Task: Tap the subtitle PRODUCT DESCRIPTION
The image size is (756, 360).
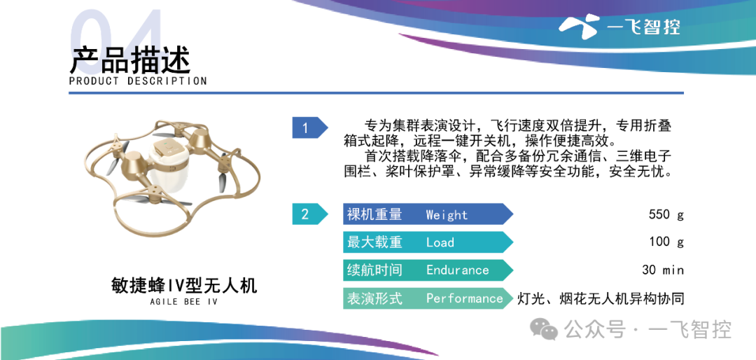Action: (138, 81)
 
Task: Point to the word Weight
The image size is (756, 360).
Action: (447, 215)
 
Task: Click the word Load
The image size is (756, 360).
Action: (440, 242)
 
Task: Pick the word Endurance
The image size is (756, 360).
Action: (457, 270)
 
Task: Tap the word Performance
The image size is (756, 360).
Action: (464, 298)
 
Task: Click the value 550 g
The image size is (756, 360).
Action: (666, 215)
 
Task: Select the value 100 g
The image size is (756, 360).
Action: (666, 242)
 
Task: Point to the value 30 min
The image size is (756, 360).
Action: (663, 270)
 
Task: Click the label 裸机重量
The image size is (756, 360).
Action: (374, 214)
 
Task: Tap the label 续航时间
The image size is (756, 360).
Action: (374, 270)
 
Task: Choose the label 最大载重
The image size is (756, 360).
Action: (374, 242)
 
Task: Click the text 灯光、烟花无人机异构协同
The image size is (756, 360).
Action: (601, 298)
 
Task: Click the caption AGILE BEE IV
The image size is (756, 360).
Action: (184, 302)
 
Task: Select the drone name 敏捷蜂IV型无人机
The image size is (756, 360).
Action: (183, 286)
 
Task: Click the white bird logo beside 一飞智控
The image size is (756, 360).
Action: (579, 27)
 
